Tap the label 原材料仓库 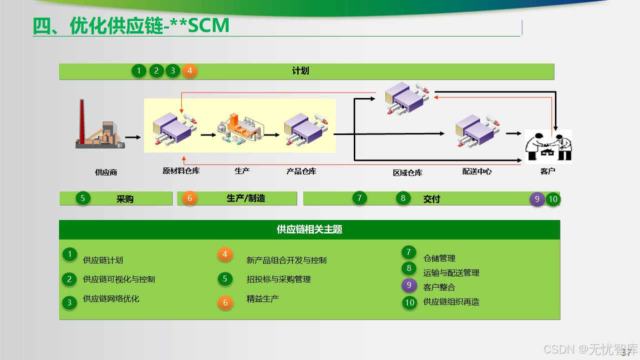coord(181,170)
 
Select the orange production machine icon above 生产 coord(240,129)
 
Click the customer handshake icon coord(548,146)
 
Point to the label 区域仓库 coord(407,172)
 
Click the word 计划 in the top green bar coord(300,71)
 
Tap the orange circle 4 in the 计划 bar coord(190,71)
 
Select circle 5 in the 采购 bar coord(83,198)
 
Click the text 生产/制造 coord(246,198)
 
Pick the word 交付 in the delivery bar coord(431,199)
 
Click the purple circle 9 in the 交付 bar coord(537,199)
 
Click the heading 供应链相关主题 coord(309,229)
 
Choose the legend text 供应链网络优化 coord(111,298)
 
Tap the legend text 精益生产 coord(263,298)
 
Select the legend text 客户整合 coord(439,287)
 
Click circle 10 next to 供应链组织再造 coord(410,302)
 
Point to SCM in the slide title coord(209,26)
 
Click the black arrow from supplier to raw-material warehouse coord(133,136)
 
